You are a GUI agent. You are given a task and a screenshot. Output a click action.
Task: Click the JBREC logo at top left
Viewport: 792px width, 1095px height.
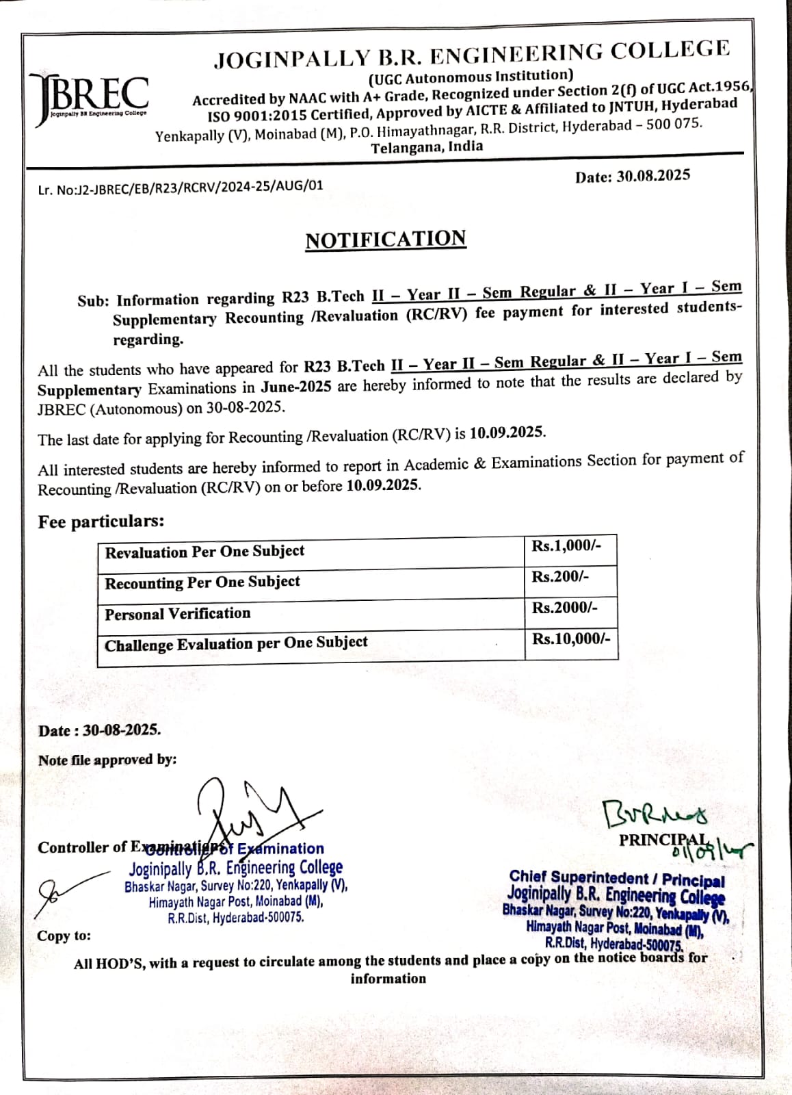click(x=88, y=96)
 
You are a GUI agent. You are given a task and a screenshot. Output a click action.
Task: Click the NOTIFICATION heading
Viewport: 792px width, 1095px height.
click(x=386, y=240)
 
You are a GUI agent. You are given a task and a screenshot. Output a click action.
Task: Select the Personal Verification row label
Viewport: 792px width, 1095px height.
click(x=178, y=613)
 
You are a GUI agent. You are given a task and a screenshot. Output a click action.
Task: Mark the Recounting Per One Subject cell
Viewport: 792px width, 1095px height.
click(x=202, y=582)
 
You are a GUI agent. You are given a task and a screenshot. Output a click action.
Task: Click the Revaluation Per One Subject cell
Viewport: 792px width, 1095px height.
click(x=204, y=552)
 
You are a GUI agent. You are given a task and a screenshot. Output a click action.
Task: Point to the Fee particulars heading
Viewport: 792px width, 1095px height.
click(x=101, y=521)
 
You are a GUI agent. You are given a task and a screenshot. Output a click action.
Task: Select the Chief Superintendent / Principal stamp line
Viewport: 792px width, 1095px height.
click(x=616, y=879)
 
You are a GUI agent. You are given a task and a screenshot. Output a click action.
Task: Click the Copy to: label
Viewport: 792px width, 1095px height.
click(x=64, y=936)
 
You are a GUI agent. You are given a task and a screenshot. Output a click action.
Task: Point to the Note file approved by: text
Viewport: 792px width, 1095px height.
click(x=107, y=760)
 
